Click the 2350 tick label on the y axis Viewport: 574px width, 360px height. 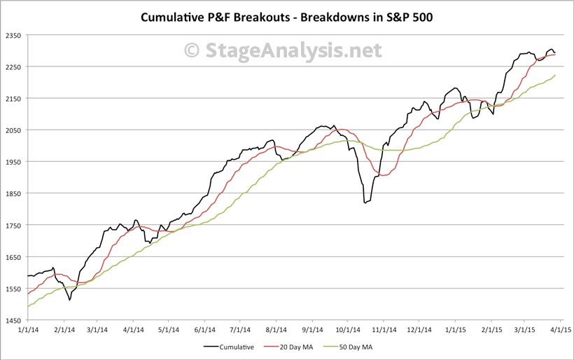13,35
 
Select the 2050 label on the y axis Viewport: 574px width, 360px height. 13,130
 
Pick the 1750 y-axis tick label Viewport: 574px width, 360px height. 13,225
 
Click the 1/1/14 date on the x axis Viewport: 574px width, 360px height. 27,329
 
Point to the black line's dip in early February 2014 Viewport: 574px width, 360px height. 69,300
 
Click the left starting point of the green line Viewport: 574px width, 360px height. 28,307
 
